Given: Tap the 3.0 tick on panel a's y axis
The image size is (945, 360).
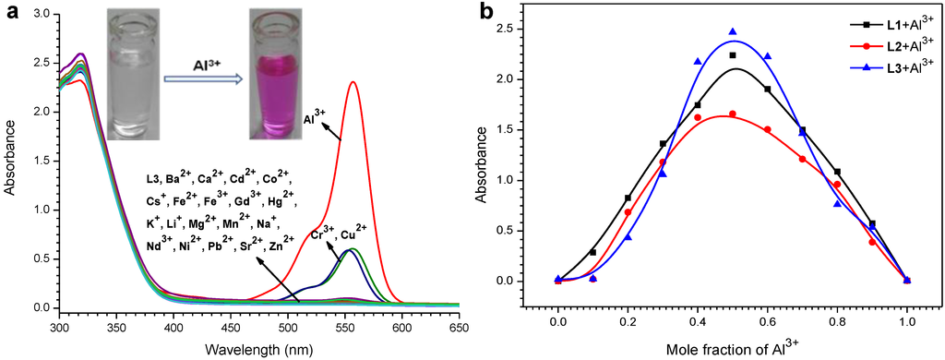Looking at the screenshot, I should click(x=41, y=14).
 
